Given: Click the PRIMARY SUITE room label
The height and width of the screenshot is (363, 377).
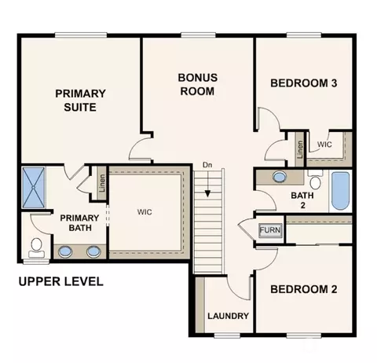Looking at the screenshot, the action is pos(80,101).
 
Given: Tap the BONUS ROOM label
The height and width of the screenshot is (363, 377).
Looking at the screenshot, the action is pos(198,84).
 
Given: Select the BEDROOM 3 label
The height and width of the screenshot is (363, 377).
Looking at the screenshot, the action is pos(304,83).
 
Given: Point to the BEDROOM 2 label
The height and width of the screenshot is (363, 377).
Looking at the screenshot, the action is pos(304,289).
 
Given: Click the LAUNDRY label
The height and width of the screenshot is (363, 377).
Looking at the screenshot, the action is pos(228,316).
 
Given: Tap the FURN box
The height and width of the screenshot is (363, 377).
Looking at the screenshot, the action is pos(270,230).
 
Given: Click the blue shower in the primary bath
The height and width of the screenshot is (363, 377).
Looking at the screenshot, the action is pos(34,188).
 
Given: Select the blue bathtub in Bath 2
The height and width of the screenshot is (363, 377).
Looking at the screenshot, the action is pos(340,191).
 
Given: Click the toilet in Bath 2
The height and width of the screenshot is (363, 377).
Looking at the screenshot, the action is pos(316,179).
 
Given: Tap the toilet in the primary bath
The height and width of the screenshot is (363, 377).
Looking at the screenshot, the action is pos(36,247).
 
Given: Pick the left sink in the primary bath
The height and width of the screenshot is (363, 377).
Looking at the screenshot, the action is pos(64,251).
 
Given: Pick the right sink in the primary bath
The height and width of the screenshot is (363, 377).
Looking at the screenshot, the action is pos(93,251).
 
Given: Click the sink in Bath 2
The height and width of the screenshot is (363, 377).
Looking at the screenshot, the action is pos(280,177).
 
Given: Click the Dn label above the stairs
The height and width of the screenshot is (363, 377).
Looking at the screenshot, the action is pos(207,165).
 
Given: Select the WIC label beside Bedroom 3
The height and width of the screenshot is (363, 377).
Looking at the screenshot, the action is pos(324,145).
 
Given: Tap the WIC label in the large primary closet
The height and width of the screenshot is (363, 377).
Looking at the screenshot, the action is pos(145,212).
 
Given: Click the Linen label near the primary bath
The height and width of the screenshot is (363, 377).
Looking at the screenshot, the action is pos(102,183).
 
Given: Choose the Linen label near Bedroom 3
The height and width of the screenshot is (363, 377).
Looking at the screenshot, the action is pos(300,149).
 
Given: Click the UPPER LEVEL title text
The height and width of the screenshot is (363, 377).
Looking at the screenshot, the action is pos(61,281).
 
